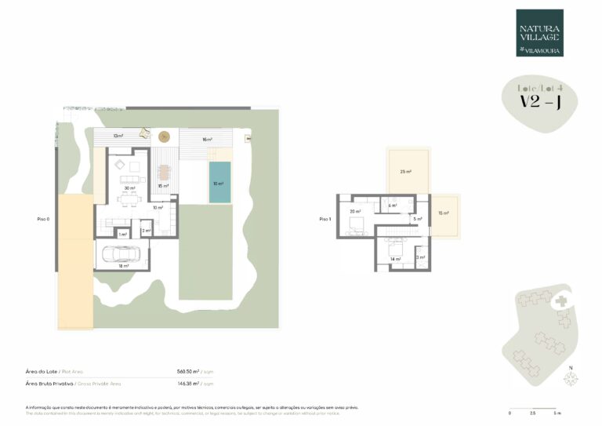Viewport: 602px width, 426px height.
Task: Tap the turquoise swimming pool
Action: (220, 183)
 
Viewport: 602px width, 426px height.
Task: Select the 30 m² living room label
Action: (130, 188)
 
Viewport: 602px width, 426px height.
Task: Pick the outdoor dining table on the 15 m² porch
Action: (164, 173)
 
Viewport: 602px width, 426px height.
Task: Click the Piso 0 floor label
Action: (43, 219)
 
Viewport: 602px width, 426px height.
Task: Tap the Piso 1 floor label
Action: (325, 219)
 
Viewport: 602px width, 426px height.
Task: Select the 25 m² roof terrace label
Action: (405, 171)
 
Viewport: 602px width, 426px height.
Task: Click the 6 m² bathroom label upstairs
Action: (393, 206)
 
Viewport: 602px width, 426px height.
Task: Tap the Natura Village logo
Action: (539, 33)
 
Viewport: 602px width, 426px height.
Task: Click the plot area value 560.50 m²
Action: (189, 370)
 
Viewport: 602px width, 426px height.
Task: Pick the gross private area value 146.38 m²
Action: (189, 384)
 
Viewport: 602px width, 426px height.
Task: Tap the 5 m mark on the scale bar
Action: (556, 413)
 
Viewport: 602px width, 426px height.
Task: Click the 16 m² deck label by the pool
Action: (207, 139)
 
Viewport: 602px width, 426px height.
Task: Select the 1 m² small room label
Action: (122, 234)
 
